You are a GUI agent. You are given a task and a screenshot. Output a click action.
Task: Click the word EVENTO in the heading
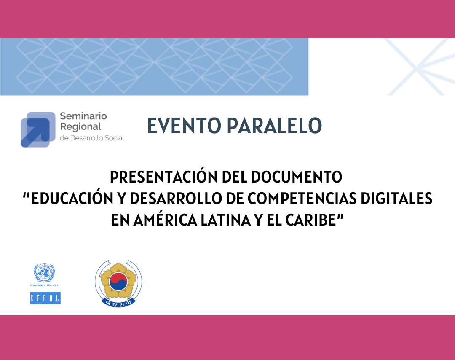184,126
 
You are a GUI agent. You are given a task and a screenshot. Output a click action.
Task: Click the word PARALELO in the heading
275,126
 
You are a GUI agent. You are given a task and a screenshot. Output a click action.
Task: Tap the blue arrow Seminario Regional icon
38,129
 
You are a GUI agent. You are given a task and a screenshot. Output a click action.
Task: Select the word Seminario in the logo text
83,116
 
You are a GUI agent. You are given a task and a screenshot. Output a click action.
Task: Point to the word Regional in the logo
80,127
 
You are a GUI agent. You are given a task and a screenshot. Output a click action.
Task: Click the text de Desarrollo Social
92,138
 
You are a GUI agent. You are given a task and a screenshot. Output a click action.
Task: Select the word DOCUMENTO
297,177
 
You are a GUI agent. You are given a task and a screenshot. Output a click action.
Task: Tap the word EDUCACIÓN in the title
72,198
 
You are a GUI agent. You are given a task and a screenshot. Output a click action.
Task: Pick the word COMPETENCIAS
302,199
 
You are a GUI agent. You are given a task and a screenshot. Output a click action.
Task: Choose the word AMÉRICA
166,220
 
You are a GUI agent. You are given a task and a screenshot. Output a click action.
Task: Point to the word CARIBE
311,220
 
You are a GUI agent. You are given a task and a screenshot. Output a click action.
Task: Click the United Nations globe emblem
44,273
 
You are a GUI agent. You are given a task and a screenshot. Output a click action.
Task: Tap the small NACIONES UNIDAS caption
44,285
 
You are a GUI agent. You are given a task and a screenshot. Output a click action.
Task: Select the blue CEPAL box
45,298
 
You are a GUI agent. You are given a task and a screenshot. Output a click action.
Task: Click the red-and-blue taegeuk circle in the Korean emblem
118,281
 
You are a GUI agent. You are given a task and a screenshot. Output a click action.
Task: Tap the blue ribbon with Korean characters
118,303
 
